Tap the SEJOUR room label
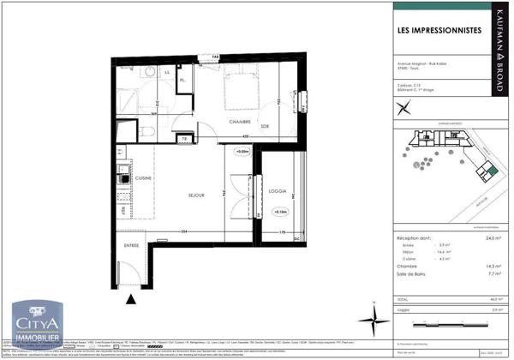pyautogui.click(x=196, y=195)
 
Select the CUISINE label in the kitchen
pyautogui.click(x=143, y=178)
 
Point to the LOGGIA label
pyautogui.click(x=277, y=191)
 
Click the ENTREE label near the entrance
pyautogui.click(x=131, y=245)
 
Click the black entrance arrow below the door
pyautogui.click(x=130, y=299)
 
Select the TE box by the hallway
pyautogui.click(x=182, y=139)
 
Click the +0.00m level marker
pyautogui.click(x=242, y=152)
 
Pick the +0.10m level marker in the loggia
pyautogui.click(x=281, y=210)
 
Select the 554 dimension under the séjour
pyautogui.click(x=182, y=232)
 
